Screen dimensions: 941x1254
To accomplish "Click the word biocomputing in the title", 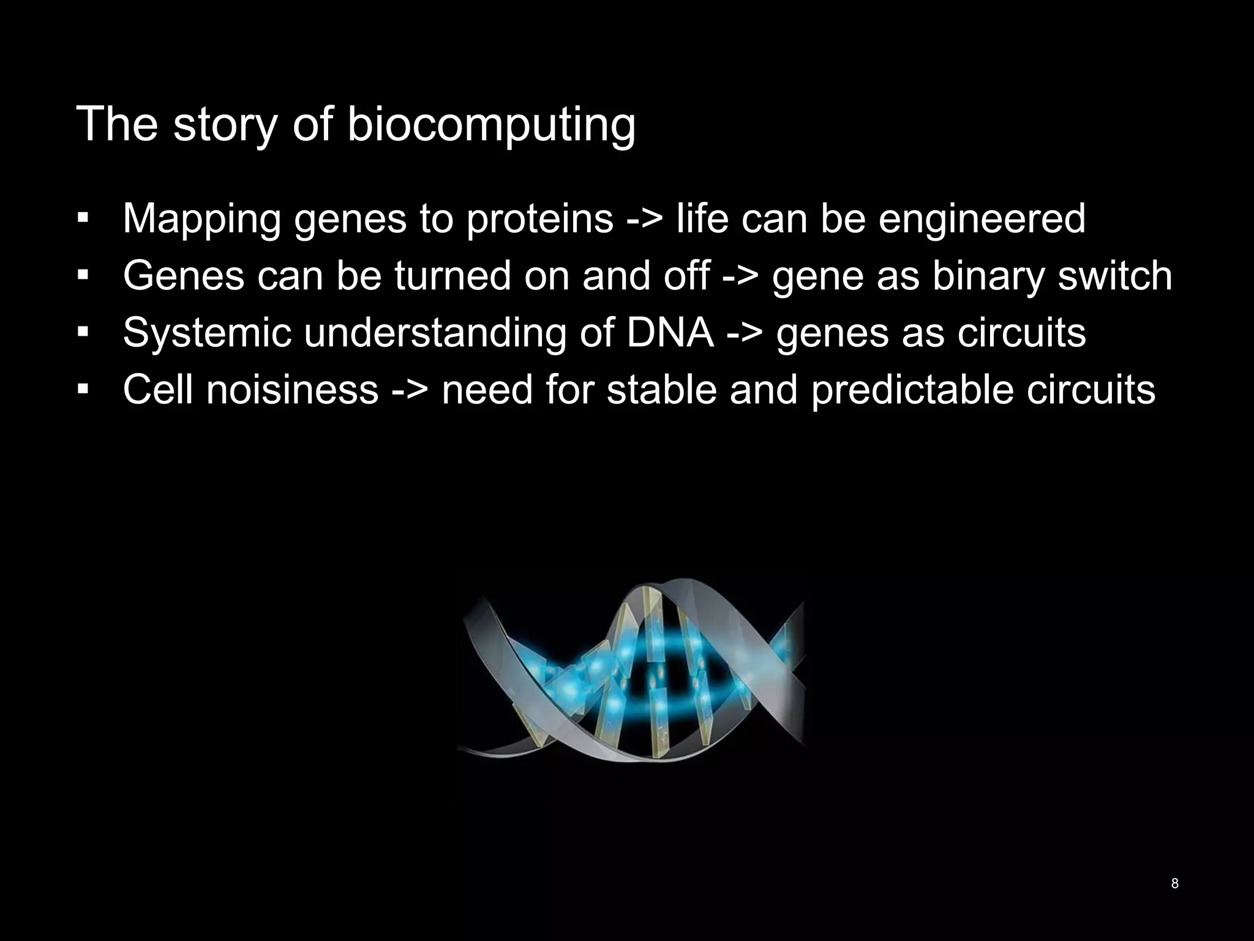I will tap(491, 125).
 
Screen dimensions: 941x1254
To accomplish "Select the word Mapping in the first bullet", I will tap(201, 219).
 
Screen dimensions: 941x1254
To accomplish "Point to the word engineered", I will tap(982, 219).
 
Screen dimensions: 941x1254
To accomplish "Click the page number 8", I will tap(1174, 883).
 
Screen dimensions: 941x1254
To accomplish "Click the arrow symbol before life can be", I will tap(645, 219).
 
